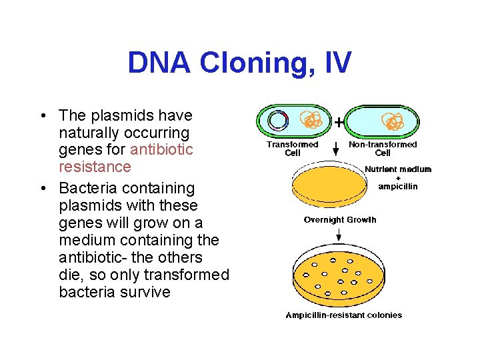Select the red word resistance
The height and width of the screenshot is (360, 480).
95,167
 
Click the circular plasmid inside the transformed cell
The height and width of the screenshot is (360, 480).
277,121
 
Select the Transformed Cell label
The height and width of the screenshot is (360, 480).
292,148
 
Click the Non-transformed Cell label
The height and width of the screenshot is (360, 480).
383,148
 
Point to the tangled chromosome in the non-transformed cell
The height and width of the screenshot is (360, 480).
392,121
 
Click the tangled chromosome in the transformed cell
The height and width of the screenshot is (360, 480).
309,121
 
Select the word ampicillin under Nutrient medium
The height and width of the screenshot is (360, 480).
398,186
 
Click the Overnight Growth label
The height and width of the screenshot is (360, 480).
339,219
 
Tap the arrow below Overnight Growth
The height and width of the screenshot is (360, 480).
339,234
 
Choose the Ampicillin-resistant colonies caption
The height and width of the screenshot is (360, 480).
343,315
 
